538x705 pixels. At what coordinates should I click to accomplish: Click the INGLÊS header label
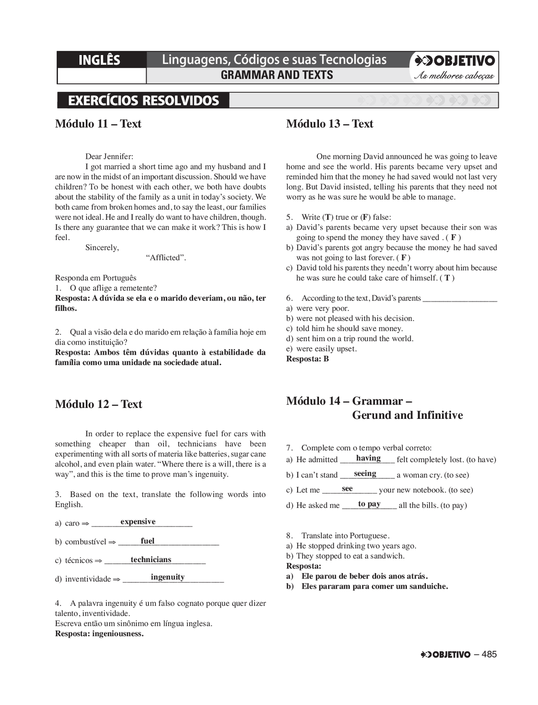coord(99,60)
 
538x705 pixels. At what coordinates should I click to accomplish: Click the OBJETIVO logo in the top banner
coord(455,61)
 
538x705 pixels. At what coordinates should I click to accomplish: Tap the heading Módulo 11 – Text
coord(98,124)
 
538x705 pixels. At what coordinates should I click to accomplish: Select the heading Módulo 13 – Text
coord(330,124)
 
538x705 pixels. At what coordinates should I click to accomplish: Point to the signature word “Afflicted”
coord(166,258)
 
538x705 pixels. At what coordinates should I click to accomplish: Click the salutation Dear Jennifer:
coord(109,157)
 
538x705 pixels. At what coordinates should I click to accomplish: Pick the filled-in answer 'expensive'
coord(138,522)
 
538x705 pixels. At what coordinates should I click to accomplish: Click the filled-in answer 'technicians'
coord(151,560)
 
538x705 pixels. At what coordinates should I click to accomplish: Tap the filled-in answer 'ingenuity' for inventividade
coord(167,577)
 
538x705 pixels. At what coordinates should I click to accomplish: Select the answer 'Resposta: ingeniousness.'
coord(99,634)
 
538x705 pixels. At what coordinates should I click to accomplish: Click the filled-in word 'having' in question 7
coord(368,458)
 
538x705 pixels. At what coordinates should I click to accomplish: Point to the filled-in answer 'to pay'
coord(369,504)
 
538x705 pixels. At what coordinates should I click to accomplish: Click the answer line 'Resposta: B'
coord(307,359)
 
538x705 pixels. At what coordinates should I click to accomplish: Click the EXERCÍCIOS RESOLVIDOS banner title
coord(143,101)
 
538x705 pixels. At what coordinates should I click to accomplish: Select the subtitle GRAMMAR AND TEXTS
coord(277,75)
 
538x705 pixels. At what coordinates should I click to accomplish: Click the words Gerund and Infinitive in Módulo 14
coord(407,416)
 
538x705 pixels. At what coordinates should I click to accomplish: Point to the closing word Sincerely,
coord(102,248)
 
